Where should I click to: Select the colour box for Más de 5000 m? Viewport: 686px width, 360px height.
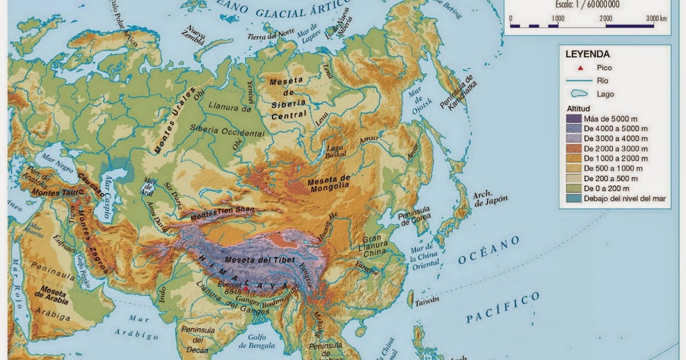pos(573,119)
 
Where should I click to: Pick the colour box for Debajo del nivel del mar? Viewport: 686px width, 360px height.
pos(573,198)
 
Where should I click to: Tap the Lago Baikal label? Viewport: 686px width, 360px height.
pos(334,151)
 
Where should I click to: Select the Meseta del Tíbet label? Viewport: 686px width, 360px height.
pos(260,260)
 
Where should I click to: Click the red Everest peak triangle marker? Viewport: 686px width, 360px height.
pos(245,289)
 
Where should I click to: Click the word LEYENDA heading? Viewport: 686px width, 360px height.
pos(587,55)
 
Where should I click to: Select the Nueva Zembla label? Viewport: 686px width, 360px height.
pos(193,37)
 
